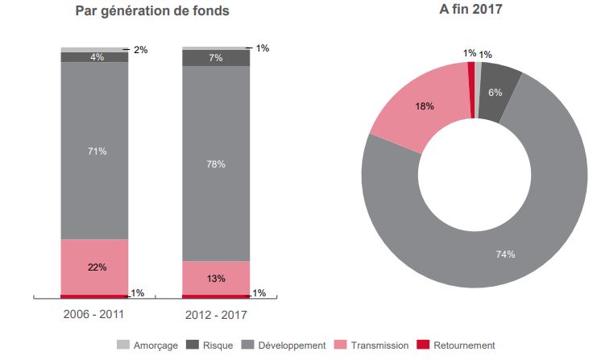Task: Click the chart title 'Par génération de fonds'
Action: [151, 11]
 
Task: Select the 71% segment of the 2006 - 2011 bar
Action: [94, 151]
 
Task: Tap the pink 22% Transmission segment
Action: [94, 267]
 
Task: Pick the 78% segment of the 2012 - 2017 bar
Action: [215, 163]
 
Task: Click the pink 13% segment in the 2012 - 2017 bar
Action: [215, 278]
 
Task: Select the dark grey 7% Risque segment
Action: [215, 58]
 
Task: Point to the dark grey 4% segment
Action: [94, 57]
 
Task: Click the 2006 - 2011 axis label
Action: [93, 313]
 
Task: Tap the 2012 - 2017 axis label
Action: [215, 313]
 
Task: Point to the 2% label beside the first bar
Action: [141, 50]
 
